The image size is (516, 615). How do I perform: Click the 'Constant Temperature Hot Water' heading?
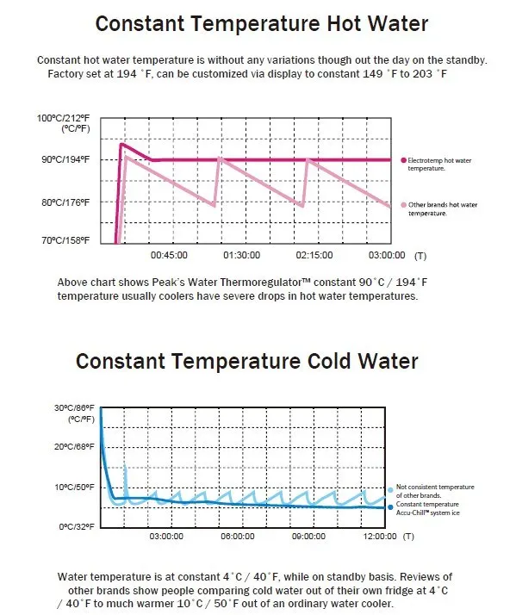point(262,23)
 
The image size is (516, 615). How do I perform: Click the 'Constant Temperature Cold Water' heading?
point(247,361)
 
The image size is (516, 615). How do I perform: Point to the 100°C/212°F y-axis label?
point(63,118)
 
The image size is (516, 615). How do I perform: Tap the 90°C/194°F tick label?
point(65,159)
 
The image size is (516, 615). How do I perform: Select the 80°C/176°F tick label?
point(65,202)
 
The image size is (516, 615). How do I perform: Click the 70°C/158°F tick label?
point(65,240)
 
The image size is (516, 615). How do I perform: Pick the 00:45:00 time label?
point(169,255)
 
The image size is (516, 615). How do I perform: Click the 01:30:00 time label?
point(242,255)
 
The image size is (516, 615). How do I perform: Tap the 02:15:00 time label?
point(314,255)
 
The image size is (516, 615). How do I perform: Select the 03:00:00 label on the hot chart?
point(387,255)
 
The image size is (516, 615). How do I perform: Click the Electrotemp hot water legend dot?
point(403,160)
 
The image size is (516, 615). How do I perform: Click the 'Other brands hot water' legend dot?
point(403,205)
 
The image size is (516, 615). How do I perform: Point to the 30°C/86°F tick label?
point(75,408)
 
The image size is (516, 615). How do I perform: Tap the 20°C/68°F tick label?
point(75,447)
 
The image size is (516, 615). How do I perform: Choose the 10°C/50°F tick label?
point(75,488)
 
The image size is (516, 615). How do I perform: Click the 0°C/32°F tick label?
point(77,526)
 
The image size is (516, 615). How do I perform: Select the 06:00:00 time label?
point(238,536)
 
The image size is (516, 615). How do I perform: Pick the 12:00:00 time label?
point(380,536)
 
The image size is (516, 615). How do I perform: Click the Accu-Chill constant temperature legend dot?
point(390,507)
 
